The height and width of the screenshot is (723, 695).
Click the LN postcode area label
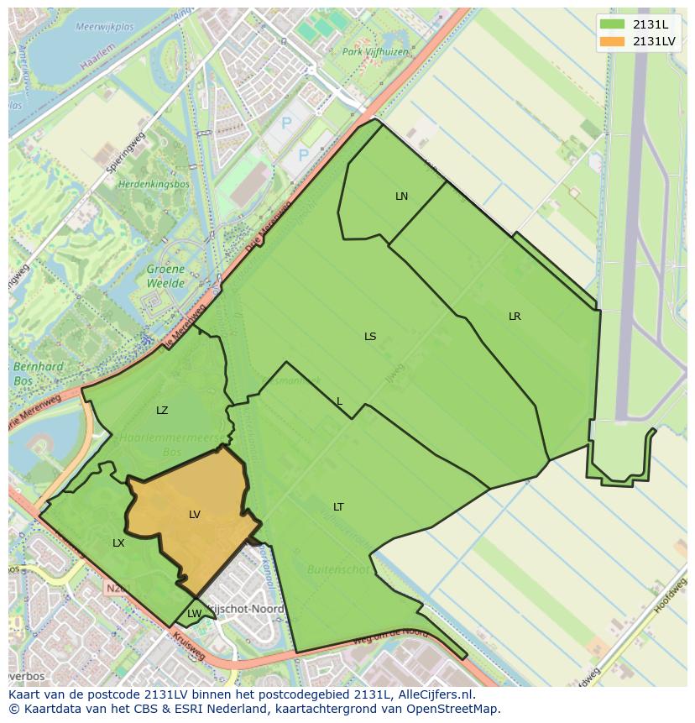pyautogui.click(x=401, y=196)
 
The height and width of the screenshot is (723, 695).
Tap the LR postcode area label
pyautogui.click(x=515, y=317)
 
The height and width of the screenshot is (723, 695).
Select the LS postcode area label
pyautogui.click(x=370, y=337)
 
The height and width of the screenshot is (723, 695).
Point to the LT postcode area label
pyautogui.click(x=338, y=507)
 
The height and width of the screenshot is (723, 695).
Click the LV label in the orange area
pyautogui.click(x=195, y=515)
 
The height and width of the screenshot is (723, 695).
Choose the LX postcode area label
pyautogui.click(x=118, y=543)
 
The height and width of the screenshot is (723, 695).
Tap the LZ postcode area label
pyautogui.click(x=162, y=411)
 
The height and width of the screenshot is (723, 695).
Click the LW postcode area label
pyautogui.click(x=194, y=614)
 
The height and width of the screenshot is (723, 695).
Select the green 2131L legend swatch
pyautogui.click(x=612, y=24)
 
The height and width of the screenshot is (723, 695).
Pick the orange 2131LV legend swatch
pyautogui.click(x=612, y=41)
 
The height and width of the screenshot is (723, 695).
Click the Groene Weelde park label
pyautogui.click(x=165, y=276)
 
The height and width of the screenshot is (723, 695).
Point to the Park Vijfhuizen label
pyautogui.click(x=374, y=51)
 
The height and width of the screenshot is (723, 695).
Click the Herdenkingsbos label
pyautogui.click(x=154, y=184)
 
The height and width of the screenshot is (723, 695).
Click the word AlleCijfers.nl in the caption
pyautogui.click(x=436, y=695)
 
